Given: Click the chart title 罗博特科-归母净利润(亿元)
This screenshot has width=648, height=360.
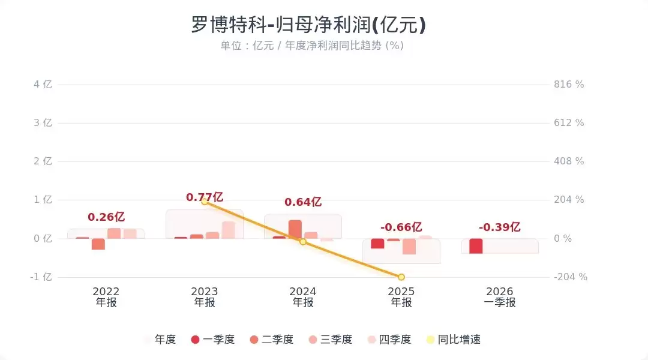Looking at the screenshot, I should (308, 25).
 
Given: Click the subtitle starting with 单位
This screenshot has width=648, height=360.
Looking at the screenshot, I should (311, 46).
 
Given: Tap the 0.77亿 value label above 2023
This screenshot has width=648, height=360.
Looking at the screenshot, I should (205, 197).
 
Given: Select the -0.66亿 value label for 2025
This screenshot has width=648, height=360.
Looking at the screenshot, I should (401, 227).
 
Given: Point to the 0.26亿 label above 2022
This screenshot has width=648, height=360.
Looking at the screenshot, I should (106, 217).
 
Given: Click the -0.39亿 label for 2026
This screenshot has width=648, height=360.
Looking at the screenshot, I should (500, 227).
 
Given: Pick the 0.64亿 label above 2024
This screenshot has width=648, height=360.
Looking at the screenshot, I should (303, 202).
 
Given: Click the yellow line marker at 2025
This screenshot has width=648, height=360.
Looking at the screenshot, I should (401, 277).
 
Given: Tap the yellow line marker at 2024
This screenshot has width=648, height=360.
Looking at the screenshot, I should (303, 242).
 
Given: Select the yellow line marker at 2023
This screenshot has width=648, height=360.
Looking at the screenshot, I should (205, 202).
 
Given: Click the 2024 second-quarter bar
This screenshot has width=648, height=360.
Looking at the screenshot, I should (295, 229).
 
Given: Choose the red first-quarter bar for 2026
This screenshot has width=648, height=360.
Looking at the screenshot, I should (476, 246).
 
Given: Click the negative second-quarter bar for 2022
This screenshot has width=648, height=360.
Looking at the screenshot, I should (98, 244).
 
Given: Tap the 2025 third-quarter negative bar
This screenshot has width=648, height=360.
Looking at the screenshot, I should (409, 246).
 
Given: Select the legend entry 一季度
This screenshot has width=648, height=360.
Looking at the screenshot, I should (212, 340).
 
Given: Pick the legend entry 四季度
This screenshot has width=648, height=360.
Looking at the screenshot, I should (390, 340).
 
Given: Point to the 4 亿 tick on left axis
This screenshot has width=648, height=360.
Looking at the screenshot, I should (43, 85).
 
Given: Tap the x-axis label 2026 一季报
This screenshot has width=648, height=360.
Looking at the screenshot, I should (500, 297).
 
